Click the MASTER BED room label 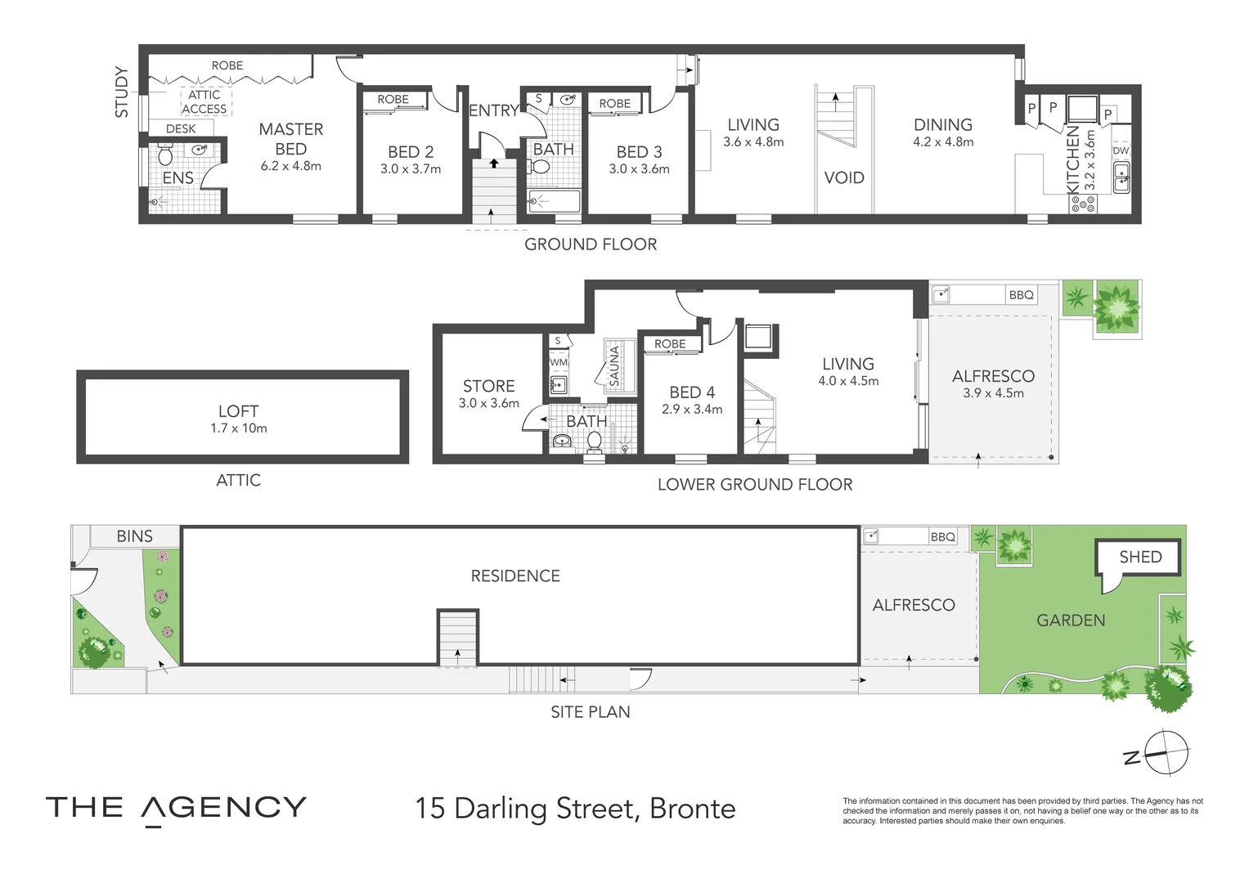tap(291, 139)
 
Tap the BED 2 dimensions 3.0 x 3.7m tap(411, 169)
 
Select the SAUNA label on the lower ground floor tap(614, 365)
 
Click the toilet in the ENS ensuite tap(165, 155)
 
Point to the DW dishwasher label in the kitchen tap(1121, 150)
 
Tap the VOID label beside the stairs tap(843, 178)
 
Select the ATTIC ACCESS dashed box tap(204, 101)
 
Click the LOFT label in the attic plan tap(238, 411)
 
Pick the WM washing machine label tap(558, 362)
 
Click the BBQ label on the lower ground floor tap(1021, 295)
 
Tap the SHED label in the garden tap(1140, 557)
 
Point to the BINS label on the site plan tap(134, 536)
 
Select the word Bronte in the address tap(693, 809)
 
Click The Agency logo tap(176, 809)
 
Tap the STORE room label tap(488, 386)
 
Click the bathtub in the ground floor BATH tap(554, 201)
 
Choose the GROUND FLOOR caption tap(591, 244)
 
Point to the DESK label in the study tap(181, 129)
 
